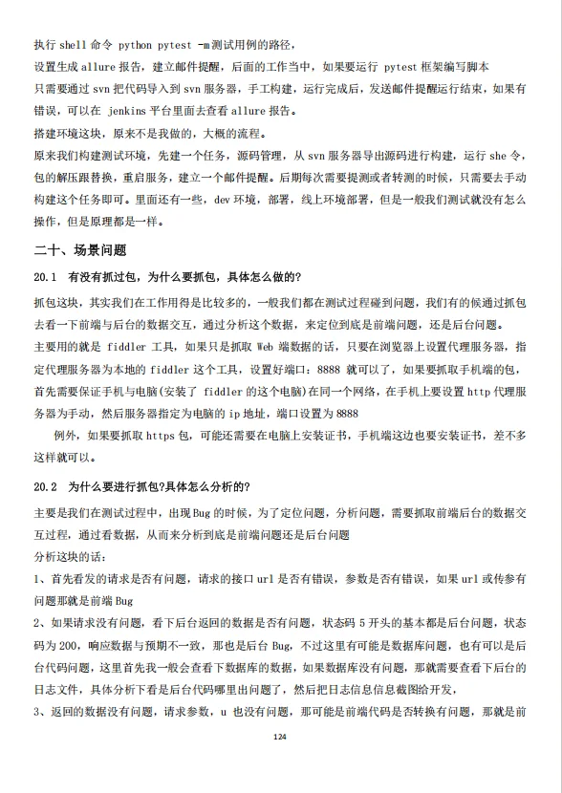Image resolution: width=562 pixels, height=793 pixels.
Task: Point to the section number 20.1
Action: [47, 277]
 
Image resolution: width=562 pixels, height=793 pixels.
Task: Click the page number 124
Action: [280, 738]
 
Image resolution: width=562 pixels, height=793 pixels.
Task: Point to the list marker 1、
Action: [38, 578]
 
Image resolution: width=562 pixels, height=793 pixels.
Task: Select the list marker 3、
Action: [38, 711]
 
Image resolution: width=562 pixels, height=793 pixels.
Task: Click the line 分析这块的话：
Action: [70, 556]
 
